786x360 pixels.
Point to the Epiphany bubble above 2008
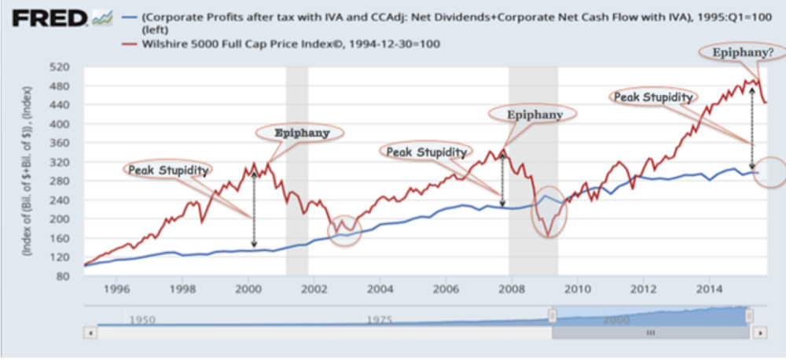534,114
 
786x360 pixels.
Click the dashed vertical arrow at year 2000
254,209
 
